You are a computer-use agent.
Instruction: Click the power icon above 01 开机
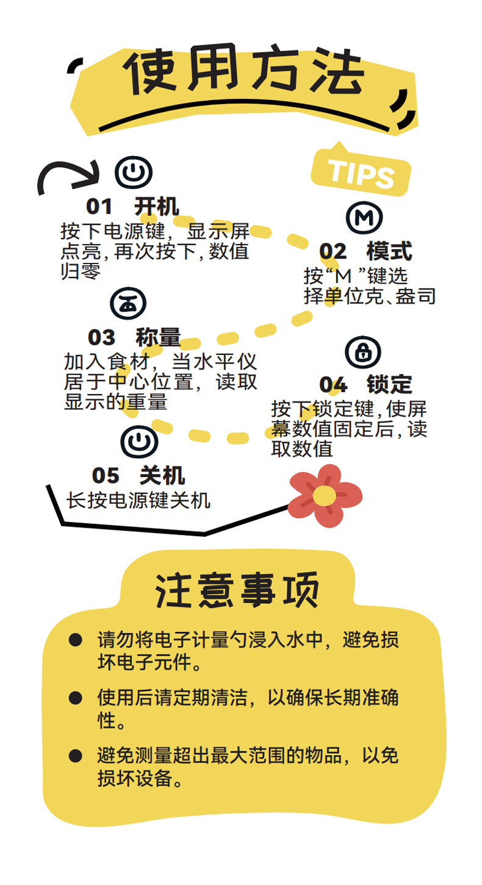click(x=134, y=173)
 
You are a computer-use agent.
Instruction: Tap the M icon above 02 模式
click(x=364, y=218)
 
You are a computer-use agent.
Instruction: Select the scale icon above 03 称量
click(x=128, y=303)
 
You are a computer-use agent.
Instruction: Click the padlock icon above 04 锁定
click(x=362, y=351)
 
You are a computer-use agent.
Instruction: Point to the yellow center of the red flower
click(x=323, y=495)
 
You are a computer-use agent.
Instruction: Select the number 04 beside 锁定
click(x=333, y=385)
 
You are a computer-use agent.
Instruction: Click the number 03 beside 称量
click(x=101, y=337)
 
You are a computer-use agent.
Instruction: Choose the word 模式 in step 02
click(x=389, y=251)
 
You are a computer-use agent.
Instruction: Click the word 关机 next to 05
click(x=162, y=475)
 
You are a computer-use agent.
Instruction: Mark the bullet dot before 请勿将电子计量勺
click(x=75, y=640)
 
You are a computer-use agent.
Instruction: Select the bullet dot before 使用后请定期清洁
click(x=75, y=698)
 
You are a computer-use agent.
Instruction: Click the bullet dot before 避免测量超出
click(x=75, y=756)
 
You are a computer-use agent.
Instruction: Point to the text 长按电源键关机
click(x=138, y=501)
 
